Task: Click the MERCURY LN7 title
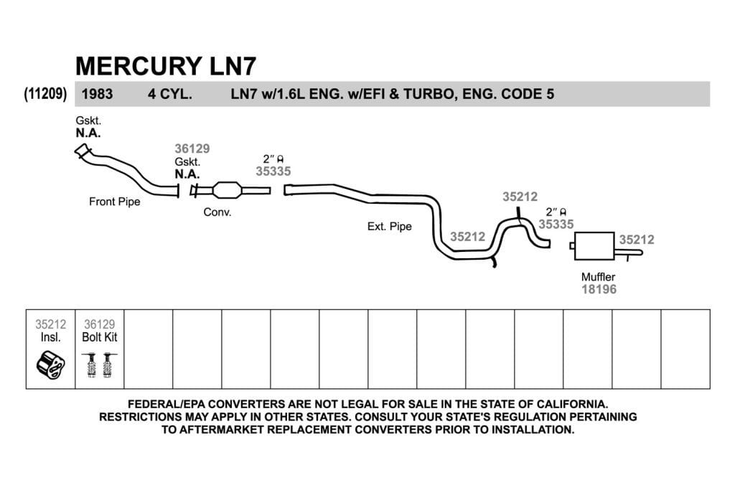(x=166, y=65)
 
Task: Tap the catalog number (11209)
(x=45, y=94)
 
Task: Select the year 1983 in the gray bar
(x=97, y=94)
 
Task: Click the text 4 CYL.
(x=169, y=94)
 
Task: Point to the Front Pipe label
(x=114, y=202)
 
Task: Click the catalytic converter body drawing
(x=228, y=190)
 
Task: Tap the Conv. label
(x=217, y=212)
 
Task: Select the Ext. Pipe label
(x=390, y=227)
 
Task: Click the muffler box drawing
(x=594, y=245)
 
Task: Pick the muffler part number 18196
(x=599, y=290)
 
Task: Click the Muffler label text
(x=598, y=277)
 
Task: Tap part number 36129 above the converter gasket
(x=192, y=149)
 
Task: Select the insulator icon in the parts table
(x=51, y=364)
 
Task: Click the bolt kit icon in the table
(x=99, y=365)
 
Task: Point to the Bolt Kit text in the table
(x=99, y=337)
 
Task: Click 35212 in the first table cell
(x=51, y=324)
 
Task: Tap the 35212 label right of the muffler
(x=637, y=240)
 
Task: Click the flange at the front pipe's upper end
(x=83, y=151)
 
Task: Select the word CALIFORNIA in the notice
(x=572, y=404)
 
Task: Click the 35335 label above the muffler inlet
(x=556, y=225)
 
